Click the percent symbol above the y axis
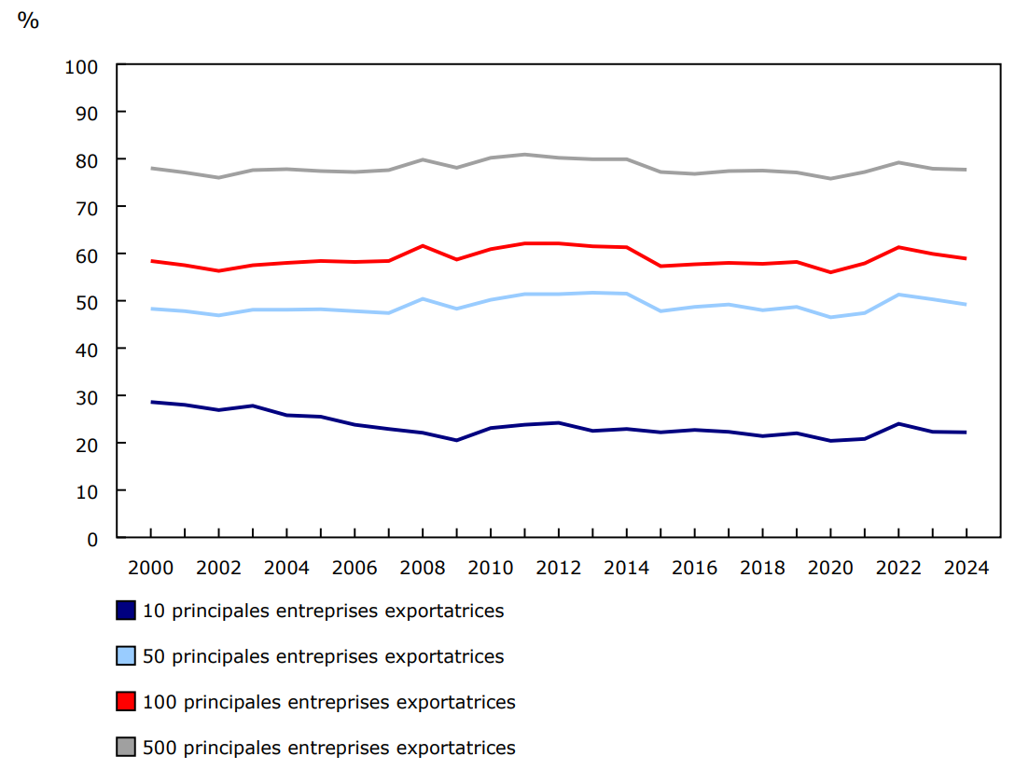pyautogui.click(x=28, y=21)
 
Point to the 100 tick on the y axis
pyautogui.click(x=82, y=66)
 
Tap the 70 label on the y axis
pyautogui.click(x=87, y=207)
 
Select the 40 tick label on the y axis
pyautogui.click(x=87, y=349)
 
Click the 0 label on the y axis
pyautogui.click(x=92, y=538)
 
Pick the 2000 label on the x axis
pyautogui.click(x=150, y=568)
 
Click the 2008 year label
pyautogui.click(x=423, y=568)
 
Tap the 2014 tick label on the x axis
pyautogui.click(x=626, y=568)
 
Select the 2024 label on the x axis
pyautogui.click(x=966, y=568)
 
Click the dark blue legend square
pyautogui.click(x=126, y=611)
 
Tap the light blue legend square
pyautogui.click(x=126, y=656)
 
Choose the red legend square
pyautogui.click(x=126, y=702)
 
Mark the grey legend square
pyautogui.click(x=126, y=747)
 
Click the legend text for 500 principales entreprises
pyautogui.click(x=328, y=748)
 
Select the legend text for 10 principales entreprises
pyautogui.click(x=323, y=612)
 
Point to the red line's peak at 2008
pyautogui.click(x=423, y=246)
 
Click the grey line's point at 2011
pyautogui.click(x=524, y=155)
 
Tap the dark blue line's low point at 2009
pyautogui.click(x=456, y=440)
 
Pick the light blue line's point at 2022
pyautogui.click(x=897, y=295)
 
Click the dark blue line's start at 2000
pyautogui.click(x=150, y=402)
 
